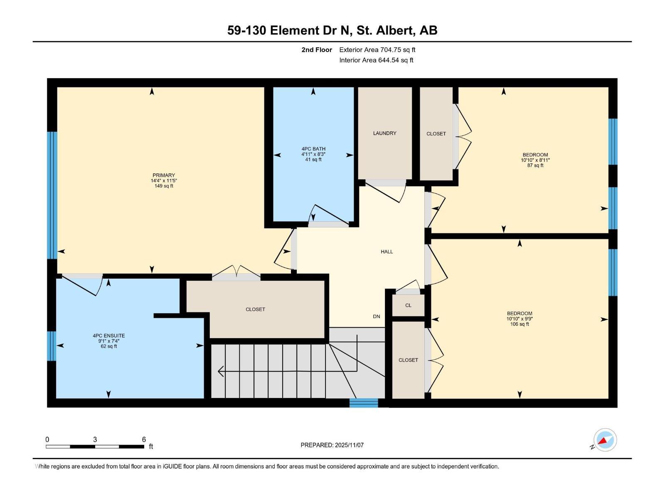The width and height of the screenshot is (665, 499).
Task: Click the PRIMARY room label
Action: (163, 175)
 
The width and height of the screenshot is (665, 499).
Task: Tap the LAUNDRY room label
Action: (384, 133)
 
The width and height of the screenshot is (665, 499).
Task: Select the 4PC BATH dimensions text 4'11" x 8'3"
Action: (313, 154)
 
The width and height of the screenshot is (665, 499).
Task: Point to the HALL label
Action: (387, 252)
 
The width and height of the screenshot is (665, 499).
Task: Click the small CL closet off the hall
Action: (408, 305)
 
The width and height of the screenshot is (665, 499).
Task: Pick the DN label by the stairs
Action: (376, 316)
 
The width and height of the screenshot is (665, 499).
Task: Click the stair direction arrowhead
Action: (221, 371)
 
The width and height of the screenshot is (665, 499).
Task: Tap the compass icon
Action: (605, 440)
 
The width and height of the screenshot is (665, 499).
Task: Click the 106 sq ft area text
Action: (520, 324)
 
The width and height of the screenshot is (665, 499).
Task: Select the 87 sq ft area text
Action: (535, 166)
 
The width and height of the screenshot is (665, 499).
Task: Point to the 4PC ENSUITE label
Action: (108, 336)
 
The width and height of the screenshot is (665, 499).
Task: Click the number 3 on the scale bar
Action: (95, 440)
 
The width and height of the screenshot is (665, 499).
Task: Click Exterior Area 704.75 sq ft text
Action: (377, 50)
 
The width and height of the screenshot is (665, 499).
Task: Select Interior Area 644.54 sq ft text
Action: (376, 60)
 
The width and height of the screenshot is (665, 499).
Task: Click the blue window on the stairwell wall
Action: (363, 403)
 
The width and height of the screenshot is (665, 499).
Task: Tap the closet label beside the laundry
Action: (436, 133)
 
